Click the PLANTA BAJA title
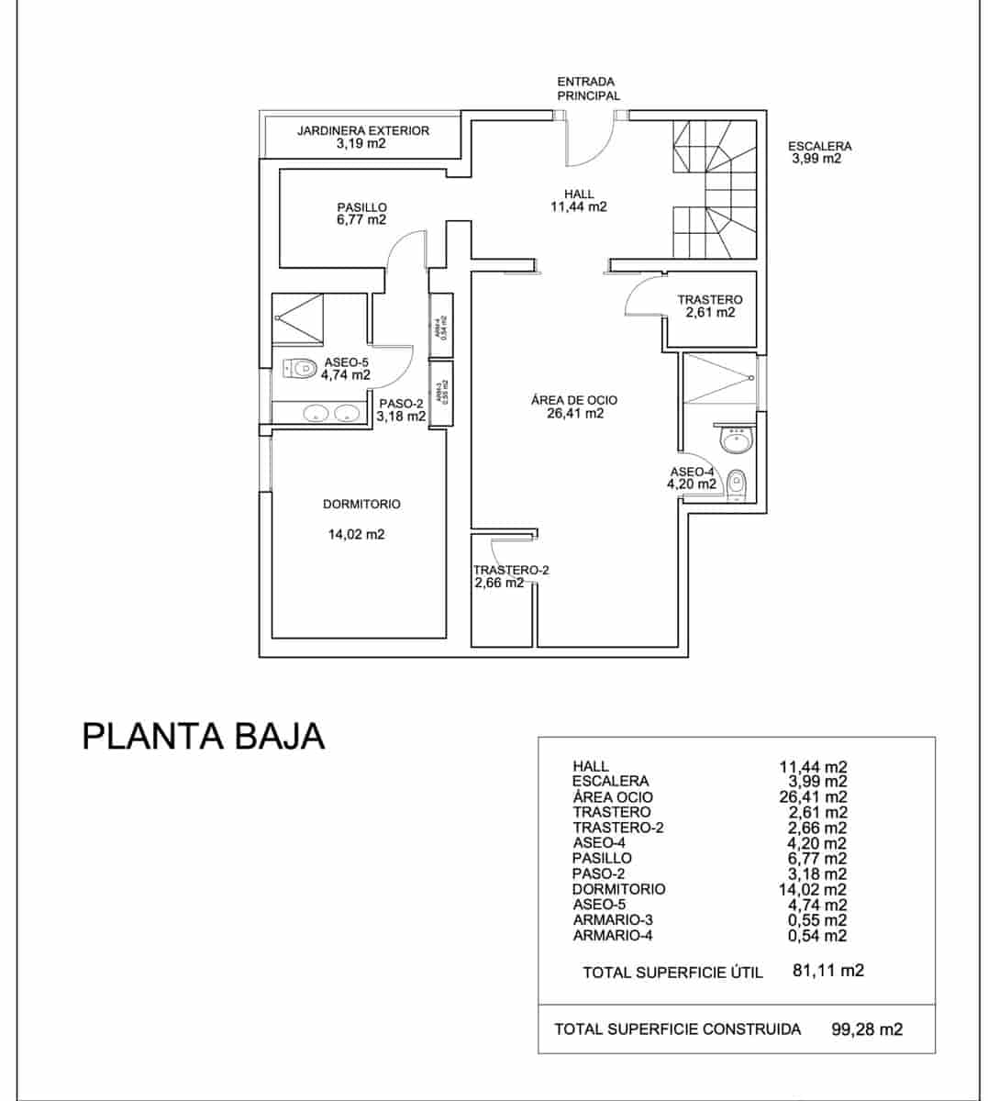pyautogui.click(x=204, y=736)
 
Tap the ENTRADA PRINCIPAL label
pyautogui.click(x=587, y=88)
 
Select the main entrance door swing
pyautogui.click(x=592, y=143)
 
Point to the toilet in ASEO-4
pyautogui.click(x=737, y=483)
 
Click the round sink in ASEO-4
pyautogui.click(x=736, y=441)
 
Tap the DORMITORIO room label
pyautogui.click(x=361, y=504)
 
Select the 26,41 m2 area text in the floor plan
pyautogui.click(x=573, y=414)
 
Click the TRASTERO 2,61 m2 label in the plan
pyautogui.click(x=709, y=306)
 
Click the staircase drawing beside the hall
pyautogui.click(x=715, y=189)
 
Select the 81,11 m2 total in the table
pyautogui.click(x=827, y=970)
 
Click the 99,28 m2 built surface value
pyautogui.click(x=866, y=1029)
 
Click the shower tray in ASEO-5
pyautogui.click(x=298, y=317)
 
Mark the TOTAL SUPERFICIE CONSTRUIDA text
pyautogui.click(x=677, y=1029)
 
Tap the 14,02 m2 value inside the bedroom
pyautogui.click(x=356, y=534)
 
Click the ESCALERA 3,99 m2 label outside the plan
pyautogui.click(x=818, y=151)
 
